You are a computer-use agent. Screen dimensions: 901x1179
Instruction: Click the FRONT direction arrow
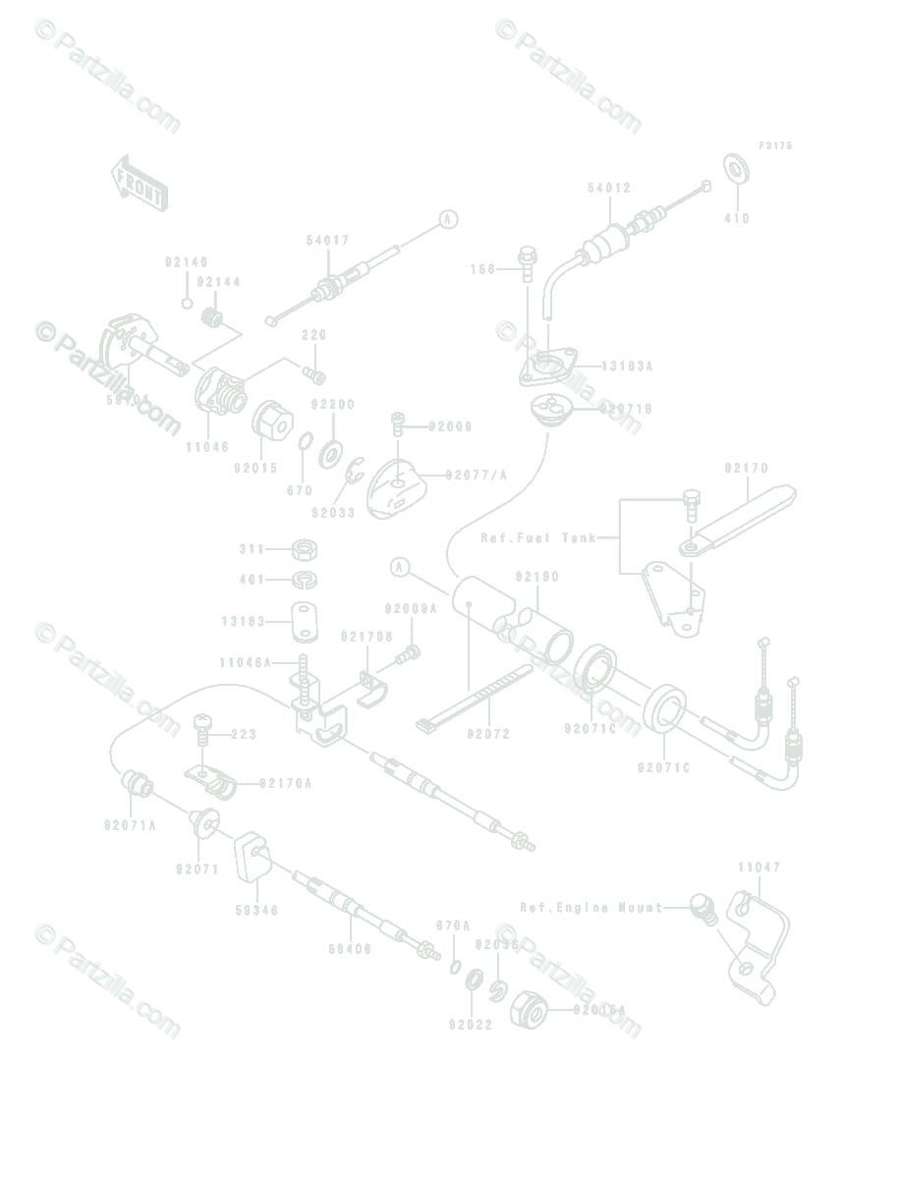pyautogui.click(x=139, y=183)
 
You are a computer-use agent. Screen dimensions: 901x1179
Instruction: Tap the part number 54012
pyautogui.click(x=609, y=188)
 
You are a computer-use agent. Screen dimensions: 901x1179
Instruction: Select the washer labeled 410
pyautogui.click(x=734, y=167)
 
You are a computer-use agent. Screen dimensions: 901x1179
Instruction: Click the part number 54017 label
pyautogui.click(x=327, y=240)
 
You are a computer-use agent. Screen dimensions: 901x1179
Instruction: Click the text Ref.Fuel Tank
pyautogui.click(x=538, y=538)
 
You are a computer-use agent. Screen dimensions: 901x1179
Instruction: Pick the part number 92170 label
pyautogui.click(x=747, y=468)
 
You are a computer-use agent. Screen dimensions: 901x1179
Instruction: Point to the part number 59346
pyautogui.click(x=256, y=911)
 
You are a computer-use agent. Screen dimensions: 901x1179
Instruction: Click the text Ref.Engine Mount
pyautogui.click(x=592, y=909)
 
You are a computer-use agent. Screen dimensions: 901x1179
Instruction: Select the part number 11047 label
pyautogui.click(x=760, y=868)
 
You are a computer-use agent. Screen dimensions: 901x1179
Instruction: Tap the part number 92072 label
pyautogui.click(x=489, y=734)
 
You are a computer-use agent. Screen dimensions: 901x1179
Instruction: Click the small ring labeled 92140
pyautogui.click(x=187, y=302)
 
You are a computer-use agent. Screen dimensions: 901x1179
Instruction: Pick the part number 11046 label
pyautogui.click(x=206, y=446)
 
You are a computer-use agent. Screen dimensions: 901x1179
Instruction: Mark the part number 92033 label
pyautogui.click(x=332, y=513)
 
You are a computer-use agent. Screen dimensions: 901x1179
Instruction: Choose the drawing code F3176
pyautogui.click(x=774, y=146)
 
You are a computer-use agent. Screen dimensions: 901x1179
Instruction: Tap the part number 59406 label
pyautogui.click(x=350, y=949)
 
